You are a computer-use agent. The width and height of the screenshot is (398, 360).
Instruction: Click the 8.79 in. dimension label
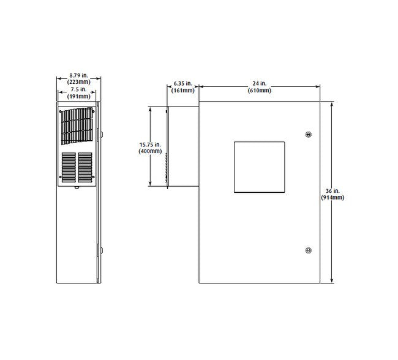point(78,75)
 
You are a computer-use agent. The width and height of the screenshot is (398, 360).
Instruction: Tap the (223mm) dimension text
point(79,82)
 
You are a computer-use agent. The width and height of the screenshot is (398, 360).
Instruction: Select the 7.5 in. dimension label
point(79,89)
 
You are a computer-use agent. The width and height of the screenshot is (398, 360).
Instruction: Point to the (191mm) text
point(79,96)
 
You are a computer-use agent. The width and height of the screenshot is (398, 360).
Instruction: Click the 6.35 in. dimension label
point(182,83)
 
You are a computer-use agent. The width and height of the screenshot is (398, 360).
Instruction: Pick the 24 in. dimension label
point(260,83)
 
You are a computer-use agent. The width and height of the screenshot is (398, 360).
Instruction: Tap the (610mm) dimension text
point(260,90)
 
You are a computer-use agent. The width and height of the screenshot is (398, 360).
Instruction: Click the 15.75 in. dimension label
point(150,144)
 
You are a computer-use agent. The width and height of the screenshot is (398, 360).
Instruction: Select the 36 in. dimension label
point(332,191)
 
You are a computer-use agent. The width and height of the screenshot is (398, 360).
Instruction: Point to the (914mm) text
point(332,198)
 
